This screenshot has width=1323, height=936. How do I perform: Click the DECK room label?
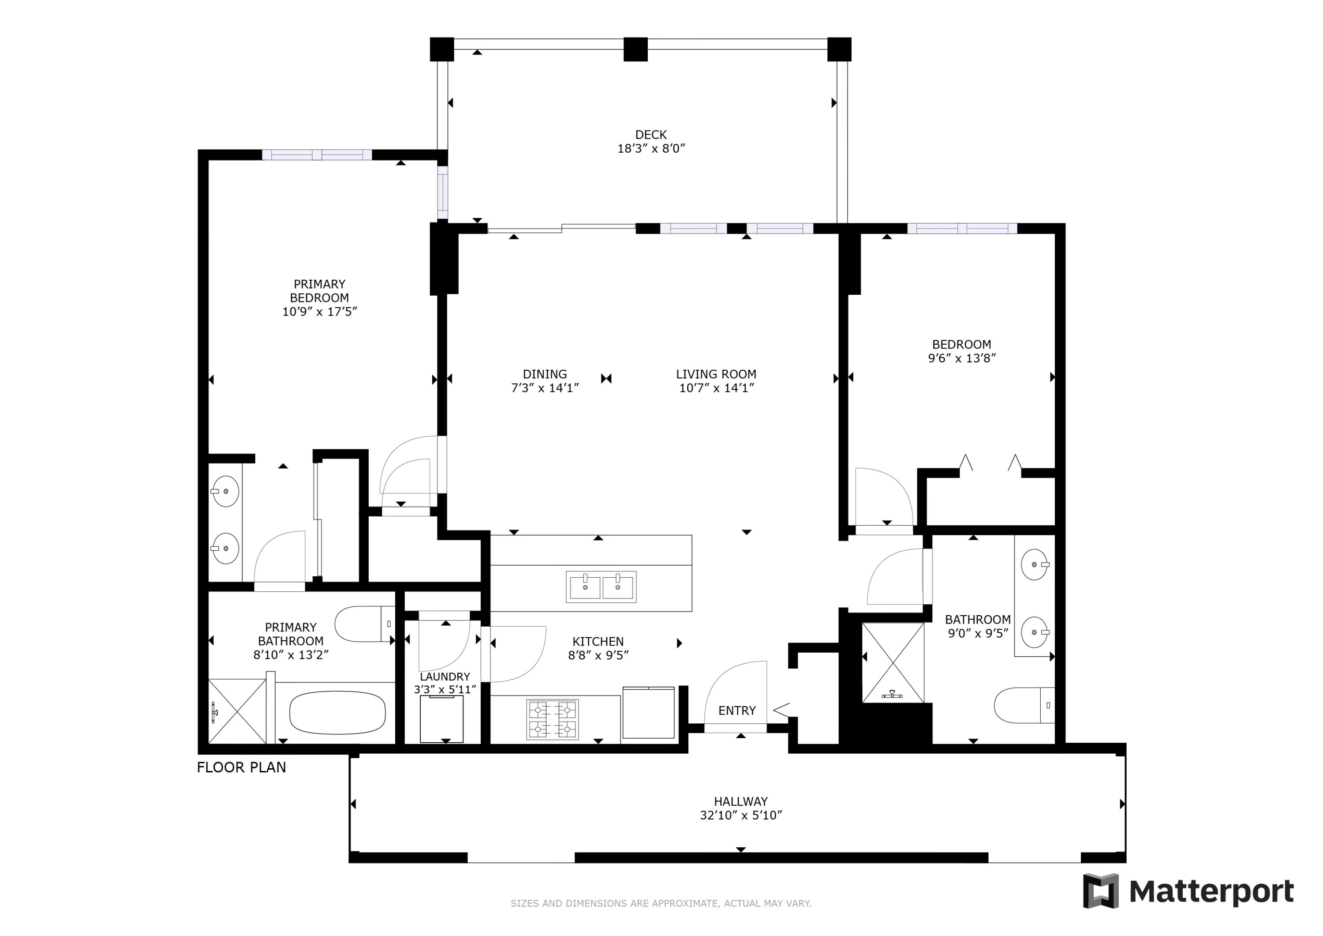[x=650, y=134]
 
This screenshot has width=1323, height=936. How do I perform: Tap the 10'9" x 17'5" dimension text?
[x=319, y=312]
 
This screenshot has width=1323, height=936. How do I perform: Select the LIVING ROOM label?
[x=716, y=374]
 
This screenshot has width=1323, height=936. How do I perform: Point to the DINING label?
[x=545, y=374]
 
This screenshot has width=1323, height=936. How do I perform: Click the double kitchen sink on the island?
[x=601, y=587]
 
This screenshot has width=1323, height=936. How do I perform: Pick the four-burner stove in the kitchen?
[x=552, y=719]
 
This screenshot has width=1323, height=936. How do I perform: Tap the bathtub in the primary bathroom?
[x=337, y=713]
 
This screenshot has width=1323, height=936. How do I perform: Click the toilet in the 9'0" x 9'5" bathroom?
[x=1024, y=705]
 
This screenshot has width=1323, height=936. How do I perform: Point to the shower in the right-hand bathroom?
[x=893, y=663]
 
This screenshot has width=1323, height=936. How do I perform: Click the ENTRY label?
[x=736, y=710]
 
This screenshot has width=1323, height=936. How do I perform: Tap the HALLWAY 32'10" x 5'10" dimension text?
[x=740, y=816]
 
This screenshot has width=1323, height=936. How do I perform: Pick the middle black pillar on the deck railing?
[x=635, y=49]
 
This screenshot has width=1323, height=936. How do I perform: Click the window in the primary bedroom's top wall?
[x=317, y=154]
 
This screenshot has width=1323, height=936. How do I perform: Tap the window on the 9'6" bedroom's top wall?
[x=962, y=229]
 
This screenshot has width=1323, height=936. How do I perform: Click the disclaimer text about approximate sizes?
[x=661, y=904]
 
